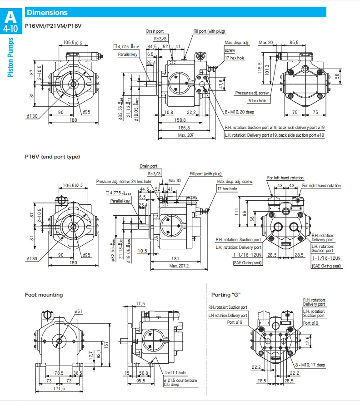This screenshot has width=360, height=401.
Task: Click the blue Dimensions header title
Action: pos(47,13)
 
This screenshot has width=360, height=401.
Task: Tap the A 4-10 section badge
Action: pos(10,21)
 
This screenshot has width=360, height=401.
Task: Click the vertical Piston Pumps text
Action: pos(10,58)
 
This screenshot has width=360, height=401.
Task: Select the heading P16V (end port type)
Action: pos(52,157)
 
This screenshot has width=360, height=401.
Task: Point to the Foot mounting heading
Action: pos(44,295)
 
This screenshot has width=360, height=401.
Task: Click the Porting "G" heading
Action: pos(225,295)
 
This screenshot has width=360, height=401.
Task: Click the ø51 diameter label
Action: pos(78,311)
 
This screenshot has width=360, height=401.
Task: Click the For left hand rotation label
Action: pos(285,178)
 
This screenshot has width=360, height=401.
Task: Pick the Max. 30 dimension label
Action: pos(174,181)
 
